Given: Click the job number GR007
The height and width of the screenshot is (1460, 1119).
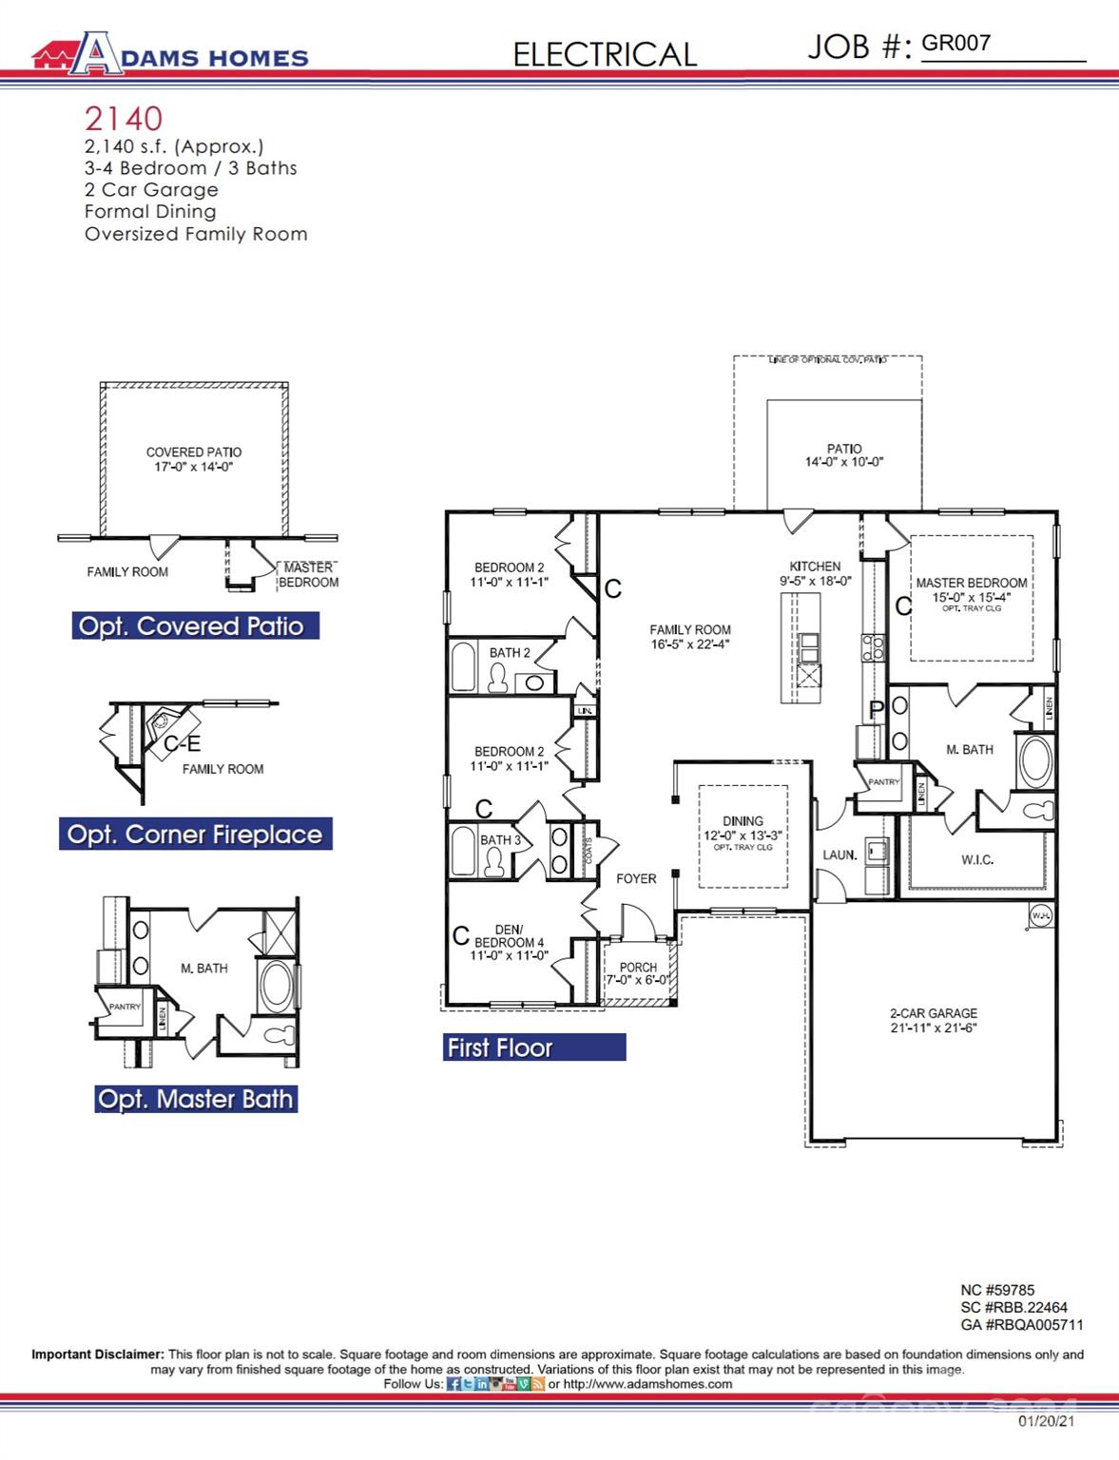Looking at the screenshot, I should (955, 43).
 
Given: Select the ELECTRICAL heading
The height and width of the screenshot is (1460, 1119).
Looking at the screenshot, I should (605, 54).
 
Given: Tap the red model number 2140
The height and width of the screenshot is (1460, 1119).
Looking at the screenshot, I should (124, 119).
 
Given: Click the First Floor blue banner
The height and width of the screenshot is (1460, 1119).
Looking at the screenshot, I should (533, 1047).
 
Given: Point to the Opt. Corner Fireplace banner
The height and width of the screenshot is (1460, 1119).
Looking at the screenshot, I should (195, 834).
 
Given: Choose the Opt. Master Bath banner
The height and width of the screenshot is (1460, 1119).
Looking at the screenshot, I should (196, 1099).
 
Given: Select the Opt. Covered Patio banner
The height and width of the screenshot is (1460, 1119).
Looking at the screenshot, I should (195, 625).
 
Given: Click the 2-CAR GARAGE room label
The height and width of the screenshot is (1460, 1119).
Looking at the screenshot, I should (933, 1020).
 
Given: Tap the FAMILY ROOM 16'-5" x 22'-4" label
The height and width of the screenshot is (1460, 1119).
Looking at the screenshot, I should (690, 636).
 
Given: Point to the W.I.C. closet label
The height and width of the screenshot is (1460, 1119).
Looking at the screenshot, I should (976, 859).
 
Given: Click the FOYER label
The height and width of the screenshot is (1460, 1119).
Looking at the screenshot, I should (636, 878).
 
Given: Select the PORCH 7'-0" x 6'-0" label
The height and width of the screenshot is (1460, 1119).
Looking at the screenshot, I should (638, 973).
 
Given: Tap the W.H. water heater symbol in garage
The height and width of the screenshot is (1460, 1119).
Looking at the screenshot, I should (1040, 915).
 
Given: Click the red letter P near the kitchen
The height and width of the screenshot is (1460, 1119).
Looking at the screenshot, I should (877, 709).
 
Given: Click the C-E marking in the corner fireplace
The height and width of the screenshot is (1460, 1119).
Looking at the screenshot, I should (182, 743).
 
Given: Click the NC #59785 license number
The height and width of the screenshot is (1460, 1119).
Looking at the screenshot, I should (996, 1290).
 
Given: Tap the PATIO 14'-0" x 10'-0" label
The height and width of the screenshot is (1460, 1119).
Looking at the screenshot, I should (843, 454).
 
